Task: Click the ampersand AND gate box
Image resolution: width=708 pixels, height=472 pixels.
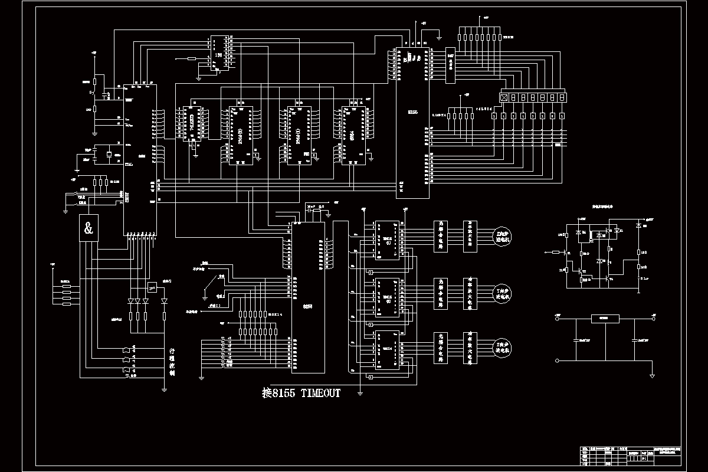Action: [88, 229]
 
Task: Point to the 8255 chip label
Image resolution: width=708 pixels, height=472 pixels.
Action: [307, 306]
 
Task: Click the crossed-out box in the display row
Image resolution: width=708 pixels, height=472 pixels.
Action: [504, 97]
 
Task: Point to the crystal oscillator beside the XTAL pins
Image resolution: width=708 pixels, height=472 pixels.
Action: [109, 155]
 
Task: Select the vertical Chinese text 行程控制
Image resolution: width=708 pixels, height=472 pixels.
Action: [172, 361]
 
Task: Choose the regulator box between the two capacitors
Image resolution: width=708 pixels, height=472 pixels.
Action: [604, 319]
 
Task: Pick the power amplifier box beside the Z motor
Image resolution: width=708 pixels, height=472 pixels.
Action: [470, 348]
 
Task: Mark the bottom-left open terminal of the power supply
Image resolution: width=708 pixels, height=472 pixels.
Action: [557, 360]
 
